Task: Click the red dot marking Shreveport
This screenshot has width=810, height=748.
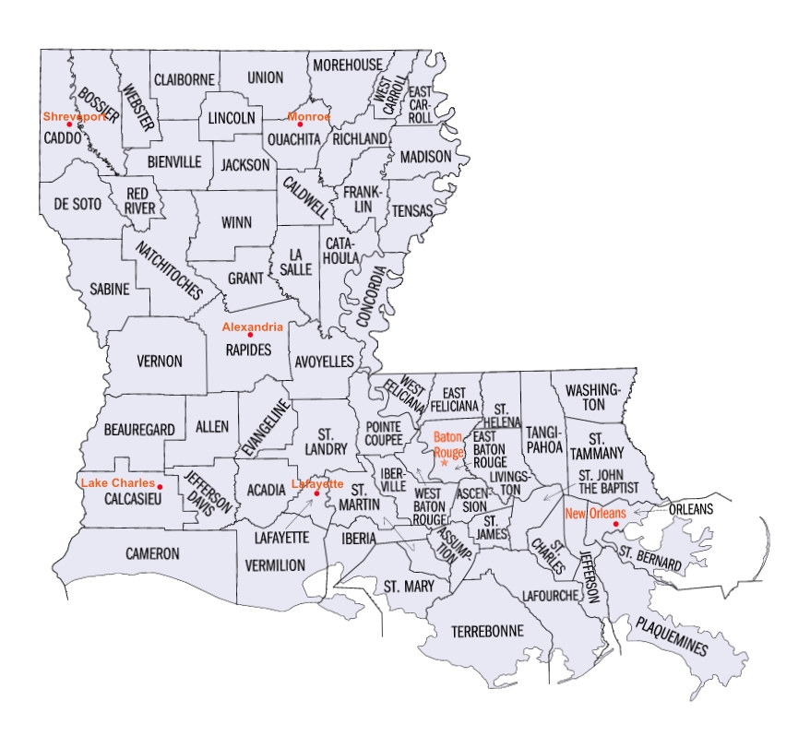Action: click(69, 125)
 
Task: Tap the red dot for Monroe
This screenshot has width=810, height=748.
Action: click(301, 125)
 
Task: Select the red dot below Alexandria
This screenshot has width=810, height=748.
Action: click(250, 334)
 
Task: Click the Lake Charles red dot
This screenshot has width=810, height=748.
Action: click(161, 487)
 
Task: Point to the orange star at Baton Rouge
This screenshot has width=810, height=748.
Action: click(445, 462)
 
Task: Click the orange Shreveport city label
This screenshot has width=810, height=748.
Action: click(75, 116)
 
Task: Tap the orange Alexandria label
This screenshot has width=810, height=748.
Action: click(252, 327)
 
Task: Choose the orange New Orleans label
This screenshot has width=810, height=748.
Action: click(596, 513)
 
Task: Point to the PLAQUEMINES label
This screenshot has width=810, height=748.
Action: click(670, 637)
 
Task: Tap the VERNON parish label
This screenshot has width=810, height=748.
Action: click(159, 362)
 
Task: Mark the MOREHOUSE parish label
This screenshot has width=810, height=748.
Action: click(347, 65)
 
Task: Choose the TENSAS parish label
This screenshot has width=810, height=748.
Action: click(412, 211)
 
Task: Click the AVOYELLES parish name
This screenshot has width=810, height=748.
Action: click(324, 362)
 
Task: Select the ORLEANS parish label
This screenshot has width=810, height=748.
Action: click(692, 509)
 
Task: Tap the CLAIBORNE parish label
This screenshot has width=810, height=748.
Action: click(185, 79)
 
